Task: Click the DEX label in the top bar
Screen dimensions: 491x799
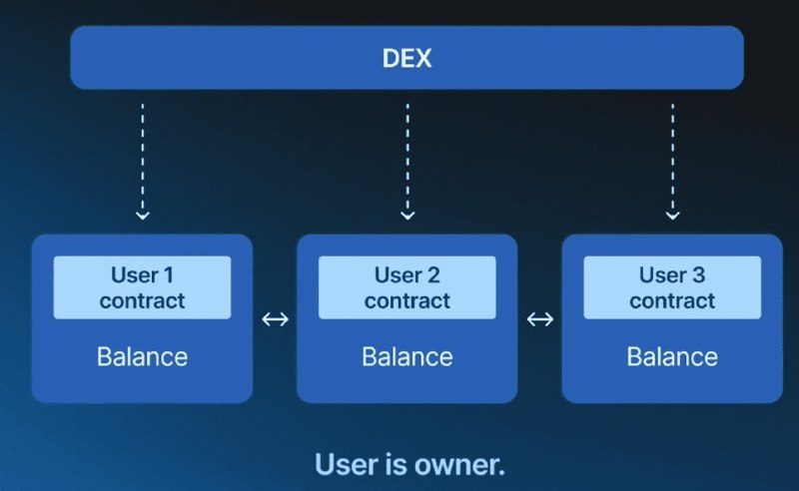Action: (x=406, y=57)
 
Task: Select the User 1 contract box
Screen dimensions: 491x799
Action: (x=142, y=287)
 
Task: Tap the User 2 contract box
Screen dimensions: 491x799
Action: (x=406, y=287)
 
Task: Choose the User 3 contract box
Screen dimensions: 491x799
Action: (x=672, y=287)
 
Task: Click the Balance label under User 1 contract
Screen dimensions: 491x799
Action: (x=142, y=356)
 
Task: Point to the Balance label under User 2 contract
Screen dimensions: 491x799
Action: (x=406, y=356)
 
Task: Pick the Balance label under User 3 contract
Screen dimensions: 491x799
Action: (x=672, y=356)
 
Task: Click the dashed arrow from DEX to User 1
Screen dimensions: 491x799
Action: (x=142, y=160)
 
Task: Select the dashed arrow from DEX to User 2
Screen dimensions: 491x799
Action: (x=406, y=160)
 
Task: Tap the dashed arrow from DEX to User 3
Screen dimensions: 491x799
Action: (x=672, y=160)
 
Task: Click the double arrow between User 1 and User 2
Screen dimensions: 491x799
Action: (x=275, y=319)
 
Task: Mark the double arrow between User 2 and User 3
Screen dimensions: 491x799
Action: (x=540, y=319)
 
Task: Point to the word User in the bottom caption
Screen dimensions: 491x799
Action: (x=346, y=464)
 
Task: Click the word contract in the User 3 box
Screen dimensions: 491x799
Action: (x=672, y=300)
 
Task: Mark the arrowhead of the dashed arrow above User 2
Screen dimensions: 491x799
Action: (x=406, y=214)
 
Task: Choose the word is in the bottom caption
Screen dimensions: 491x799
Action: (x=396, y=464)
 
